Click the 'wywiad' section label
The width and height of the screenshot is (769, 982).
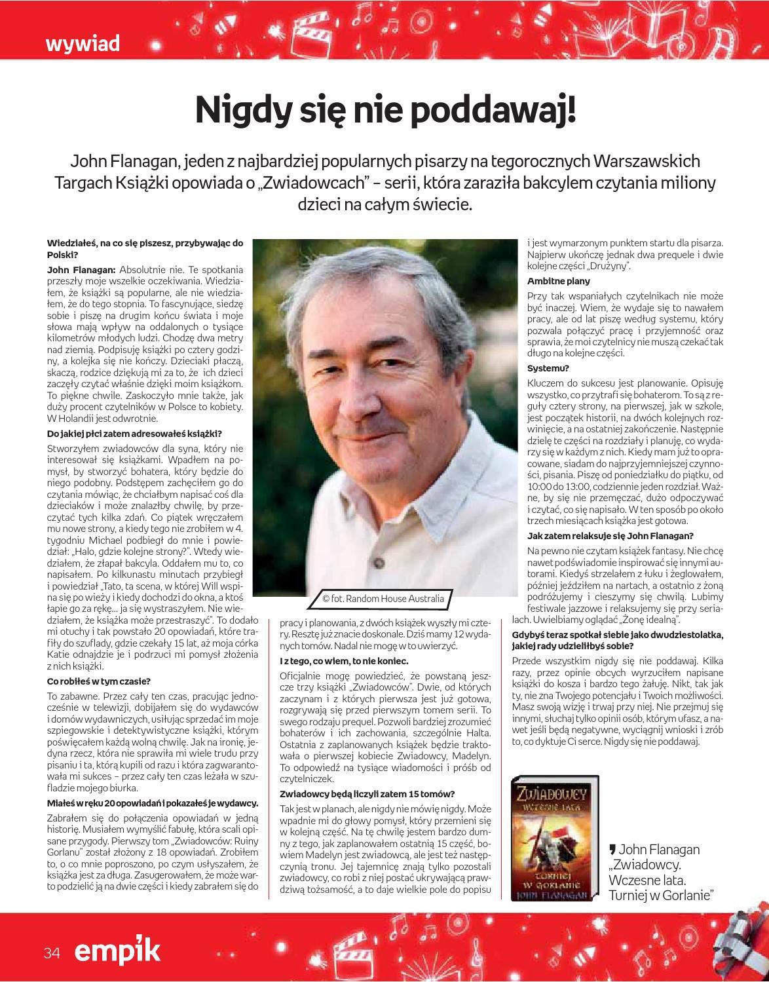tap(83, 44)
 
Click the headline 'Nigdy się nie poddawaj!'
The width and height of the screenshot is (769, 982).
tap(386, 111)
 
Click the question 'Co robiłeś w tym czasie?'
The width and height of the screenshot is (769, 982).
tap(99, 681)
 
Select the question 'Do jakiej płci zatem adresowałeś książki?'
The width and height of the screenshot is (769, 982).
tap(134, 434)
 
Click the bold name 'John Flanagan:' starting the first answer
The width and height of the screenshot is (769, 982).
tap(81, 269)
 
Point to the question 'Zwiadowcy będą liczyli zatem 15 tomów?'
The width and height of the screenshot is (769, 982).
tap(367, 794)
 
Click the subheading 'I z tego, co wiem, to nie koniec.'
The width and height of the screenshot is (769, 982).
tap(344, 661)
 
